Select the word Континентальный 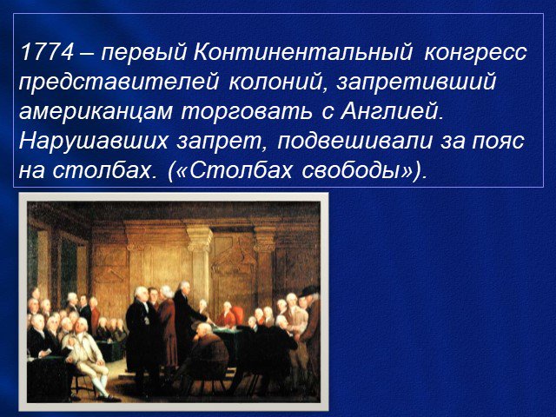pyautogui.click(x=303, y=52)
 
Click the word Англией pyautogui.click(x=393, y=112)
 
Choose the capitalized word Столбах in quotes pyautogui.click(x=242, y=171)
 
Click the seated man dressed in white pyautogui.click(x=87, y=356)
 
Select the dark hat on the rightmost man pyautogui.click(x=310, y=291)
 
